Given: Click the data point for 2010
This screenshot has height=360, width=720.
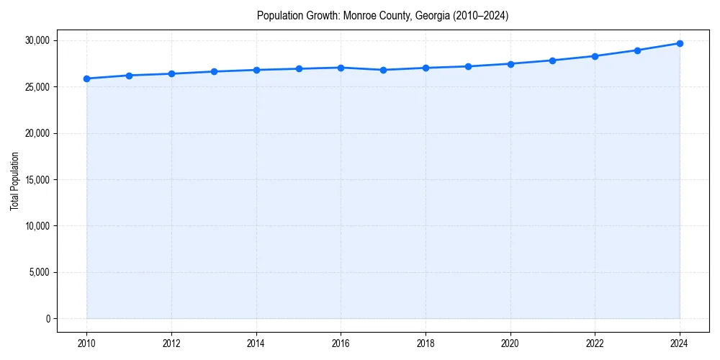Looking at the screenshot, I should (x=86, y=78).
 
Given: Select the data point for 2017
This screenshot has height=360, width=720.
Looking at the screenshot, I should (x=383, y=70).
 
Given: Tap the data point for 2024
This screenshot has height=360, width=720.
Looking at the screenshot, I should (x=680, y=43).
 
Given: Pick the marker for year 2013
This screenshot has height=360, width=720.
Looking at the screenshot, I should (x=214, y=71).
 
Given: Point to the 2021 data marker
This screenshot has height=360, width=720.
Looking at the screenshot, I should (x=552, y=60).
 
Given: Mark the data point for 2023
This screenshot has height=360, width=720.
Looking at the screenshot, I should (x=637, y=50).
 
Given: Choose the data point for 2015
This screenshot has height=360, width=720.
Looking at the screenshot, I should (x=299, y=68).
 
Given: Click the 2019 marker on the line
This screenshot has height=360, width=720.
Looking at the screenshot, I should (x=468, y=66).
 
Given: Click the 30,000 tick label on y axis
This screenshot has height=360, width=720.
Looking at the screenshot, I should (x=36, y=40).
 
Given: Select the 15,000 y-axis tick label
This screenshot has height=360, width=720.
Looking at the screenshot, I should (x=36, y=179).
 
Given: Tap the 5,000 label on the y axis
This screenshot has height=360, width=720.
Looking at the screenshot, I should (x=38, y=272).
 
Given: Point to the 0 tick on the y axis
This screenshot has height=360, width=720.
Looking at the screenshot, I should (x=48, y=318).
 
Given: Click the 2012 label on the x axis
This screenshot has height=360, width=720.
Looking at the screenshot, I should (x=171, y=343).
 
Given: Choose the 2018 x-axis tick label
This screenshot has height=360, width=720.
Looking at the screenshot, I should (x=426, y=343).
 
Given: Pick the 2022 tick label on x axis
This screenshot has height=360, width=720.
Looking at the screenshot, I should (x=595, y=343).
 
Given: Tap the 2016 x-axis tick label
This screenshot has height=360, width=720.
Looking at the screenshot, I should (x=341, y=343).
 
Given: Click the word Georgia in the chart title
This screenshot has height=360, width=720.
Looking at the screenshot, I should (x=432, y=16).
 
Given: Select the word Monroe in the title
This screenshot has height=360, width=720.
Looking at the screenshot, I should (x=359, y=16).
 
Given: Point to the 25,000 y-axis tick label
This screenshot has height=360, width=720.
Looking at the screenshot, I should (x=36, y=87).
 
